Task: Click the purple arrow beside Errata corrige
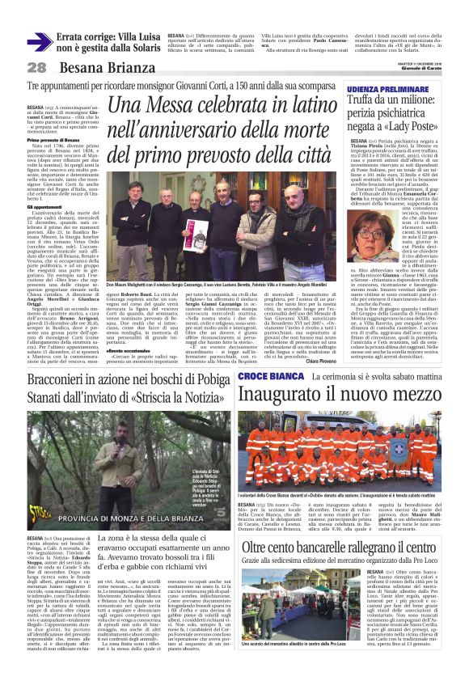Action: [x=39, y=42]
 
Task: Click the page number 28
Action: [x=37, y=68]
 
